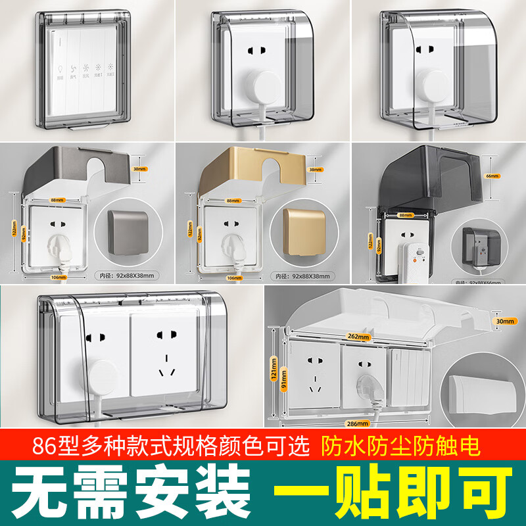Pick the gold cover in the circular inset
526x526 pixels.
pos(304,231)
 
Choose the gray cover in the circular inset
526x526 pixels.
pos(128,231)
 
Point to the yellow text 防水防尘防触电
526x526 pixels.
pos(401,446)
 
